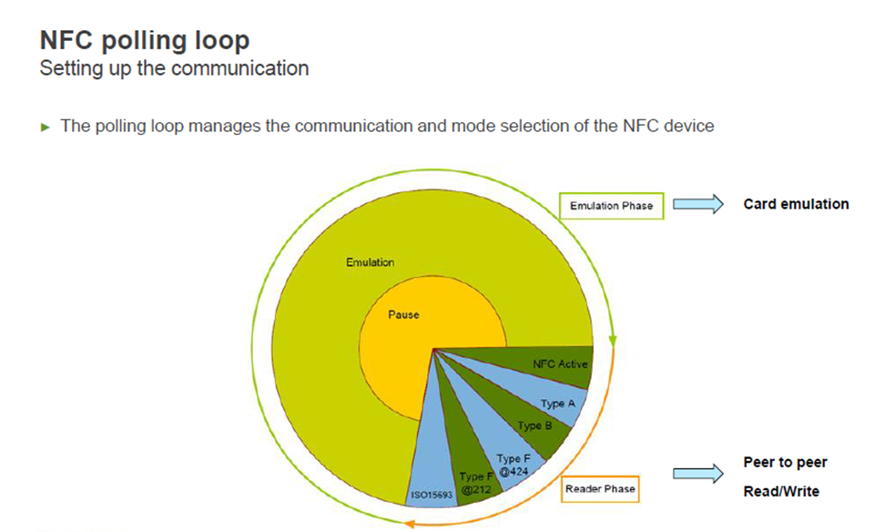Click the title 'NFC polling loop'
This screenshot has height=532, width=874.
click(145, 41)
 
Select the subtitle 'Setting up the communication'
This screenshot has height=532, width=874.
click(175, 68)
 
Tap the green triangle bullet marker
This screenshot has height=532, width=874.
click(46, 128)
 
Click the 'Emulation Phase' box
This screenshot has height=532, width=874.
click(612, 206)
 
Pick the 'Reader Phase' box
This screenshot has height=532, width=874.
click(600, 489)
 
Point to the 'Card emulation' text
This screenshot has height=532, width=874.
click(796, 204)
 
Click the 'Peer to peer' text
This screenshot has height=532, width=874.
click(785, 462)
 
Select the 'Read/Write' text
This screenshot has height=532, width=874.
click(781, 491)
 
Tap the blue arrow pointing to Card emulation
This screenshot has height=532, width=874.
click(698, 204)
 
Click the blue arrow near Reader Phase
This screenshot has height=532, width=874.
click(698, 474)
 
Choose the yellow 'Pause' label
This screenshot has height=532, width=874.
click(403, 315)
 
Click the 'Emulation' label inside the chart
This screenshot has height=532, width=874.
click(371, 262)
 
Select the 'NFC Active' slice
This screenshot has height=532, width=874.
click(552, 363)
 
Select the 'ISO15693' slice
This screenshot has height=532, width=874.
click(432, 479)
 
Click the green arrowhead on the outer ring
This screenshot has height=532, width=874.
click(613, 341)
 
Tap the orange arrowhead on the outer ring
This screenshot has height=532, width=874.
click(409, 524)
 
